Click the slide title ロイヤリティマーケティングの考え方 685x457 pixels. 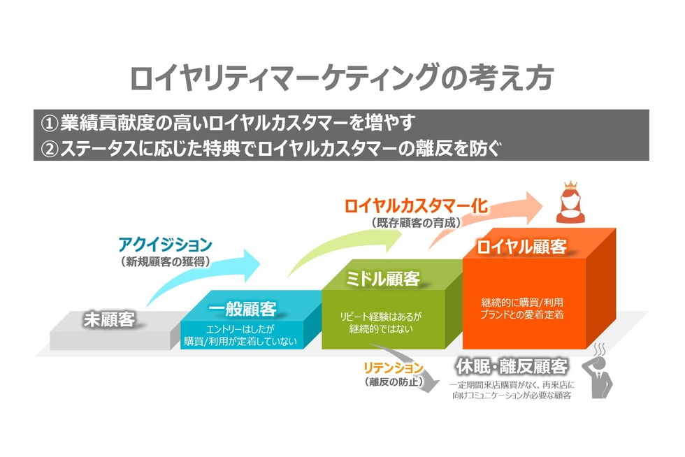342,77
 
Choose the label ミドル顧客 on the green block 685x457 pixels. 383,279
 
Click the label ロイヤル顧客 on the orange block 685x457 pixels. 521,247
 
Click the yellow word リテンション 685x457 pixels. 394,367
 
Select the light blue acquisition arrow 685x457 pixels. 210,276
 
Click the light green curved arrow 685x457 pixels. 349,248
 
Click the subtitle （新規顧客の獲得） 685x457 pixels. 165,263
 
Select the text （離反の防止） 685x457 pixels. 394,382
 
